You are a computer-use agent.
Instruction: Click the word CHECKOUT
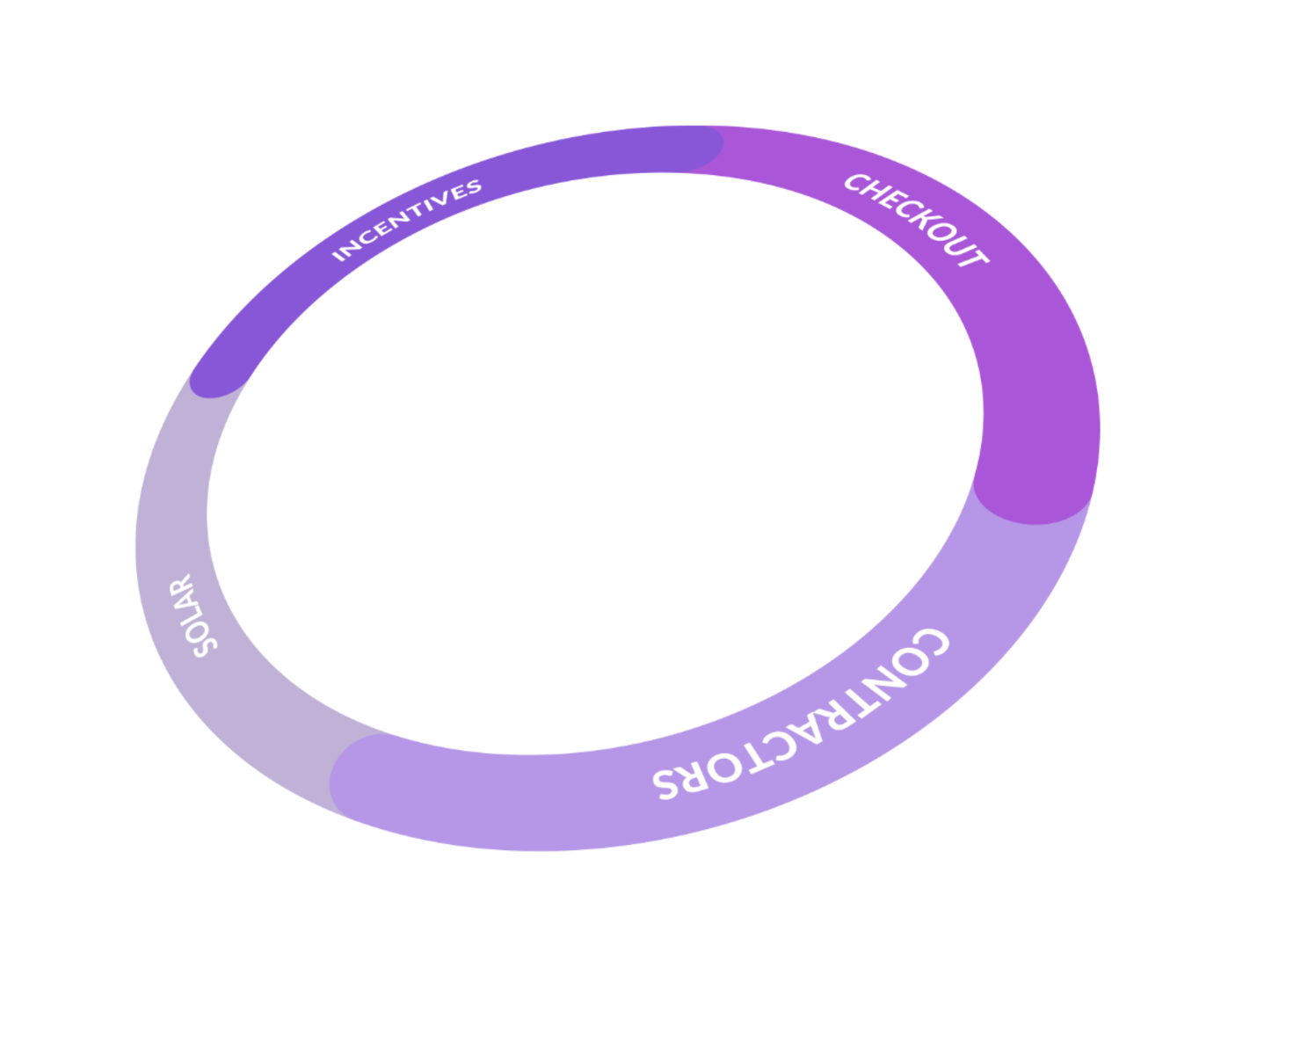click(916, 220)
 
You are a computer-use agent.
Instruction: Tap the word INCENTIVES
click(407, 220)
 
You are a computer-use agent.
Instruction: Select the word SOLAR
click(194, 615)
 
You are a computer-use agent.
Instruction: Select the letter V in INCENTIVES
click(445, 200)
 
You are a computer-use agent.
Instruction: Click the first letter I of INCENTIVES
click(338, 256)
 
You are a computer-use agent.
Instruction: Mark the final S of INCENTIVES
click(474, 186)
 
